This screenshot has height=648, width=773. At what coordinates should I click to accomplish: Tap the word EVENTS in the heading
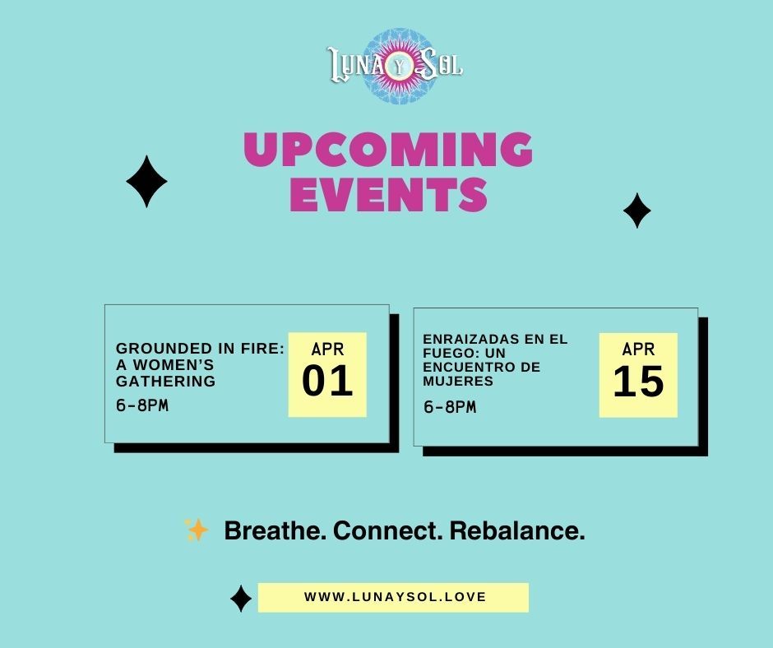pos(388,194)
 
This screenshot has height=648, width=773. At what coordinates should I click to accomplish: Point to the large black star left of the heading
pos(147,181)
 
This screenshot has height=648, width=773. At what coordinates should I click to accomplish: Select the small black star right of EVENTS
pos(636,211)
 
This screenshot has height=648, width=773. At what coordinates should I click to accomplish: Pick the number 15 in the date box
pos(638,382)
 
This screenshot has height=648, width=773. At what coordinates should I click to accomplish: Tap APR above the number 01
pos(327,349)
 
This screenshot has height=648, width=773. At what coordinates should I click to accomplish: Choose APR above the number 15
pos(638,349)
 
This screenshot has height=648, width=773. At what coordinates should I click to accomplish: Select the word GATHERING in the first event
pos(165,381)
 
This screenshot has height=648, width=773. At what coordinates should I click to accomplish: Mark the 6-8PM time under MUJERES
pos(450,407)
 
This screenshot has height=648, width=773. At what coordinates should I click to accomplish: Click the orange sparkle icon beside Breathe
pos(197,530)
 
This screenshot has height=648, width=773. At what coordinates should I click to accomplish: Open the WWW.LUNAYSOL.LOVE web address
pos(395,597)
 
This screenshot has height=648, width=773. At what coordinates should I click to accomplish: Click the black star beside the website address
pos(240,599)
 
